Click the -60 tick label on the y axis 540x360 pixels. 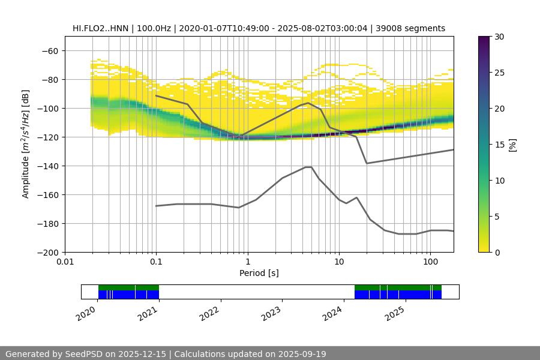(x=50, y=51)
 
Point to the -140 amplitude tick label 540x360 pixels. (x=47, y=166)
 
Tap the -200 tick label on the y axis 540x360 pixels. (x=47, y=253)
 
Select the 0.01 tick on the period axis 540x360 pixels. (x=65, y=262)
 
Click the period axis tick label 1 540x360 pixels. (x=247, y=262)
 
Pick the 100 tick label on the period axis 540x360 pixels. (x=430, y=262)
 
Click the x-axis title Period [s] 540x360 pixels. (x=259, y=273)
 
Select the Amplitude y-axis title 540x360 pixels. (x=26, y=144)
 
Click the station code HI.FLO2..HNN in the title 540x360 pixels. (x=101, y=28)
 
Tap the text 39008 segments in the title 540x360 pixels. (x=415, y=28)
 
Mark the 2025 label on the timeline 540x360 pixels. (x=394, y=312)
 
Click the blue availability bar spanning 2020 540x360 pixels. (x=128, y=295)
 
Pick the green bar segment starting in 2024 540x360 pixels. (x=398, y=287)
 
